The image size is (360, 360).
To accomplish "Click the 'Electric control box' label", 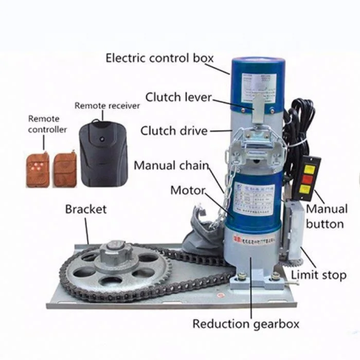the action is click(x=159, y=58).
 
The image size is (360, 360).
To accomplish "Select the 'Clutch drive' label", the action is click(x=174, y=131).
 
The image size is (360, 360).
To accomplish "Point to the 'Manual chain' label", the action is click(x=171, y=166).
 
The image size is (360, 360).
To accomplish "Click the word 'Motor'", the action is click(x=188, y=191).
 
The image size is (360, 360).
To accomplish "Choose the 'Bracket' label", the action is click(x=86, y=209).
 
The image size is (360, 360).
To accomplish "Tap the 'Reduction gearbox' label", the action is click(x=246, y=324).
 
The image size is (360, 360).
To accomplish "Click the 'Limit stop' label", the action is click(x=318, y=275).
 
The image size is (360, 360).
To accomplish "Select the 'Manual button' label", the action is click(x=327, y=217).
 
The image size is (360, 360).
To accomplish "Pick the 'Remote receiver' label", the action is click(x=107, y=105).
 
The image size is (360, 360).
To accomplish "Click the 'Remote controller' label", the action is click(x=47, y=124).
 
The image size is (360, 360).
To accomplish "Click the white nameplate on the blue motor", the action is click(x=253, y=201).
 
